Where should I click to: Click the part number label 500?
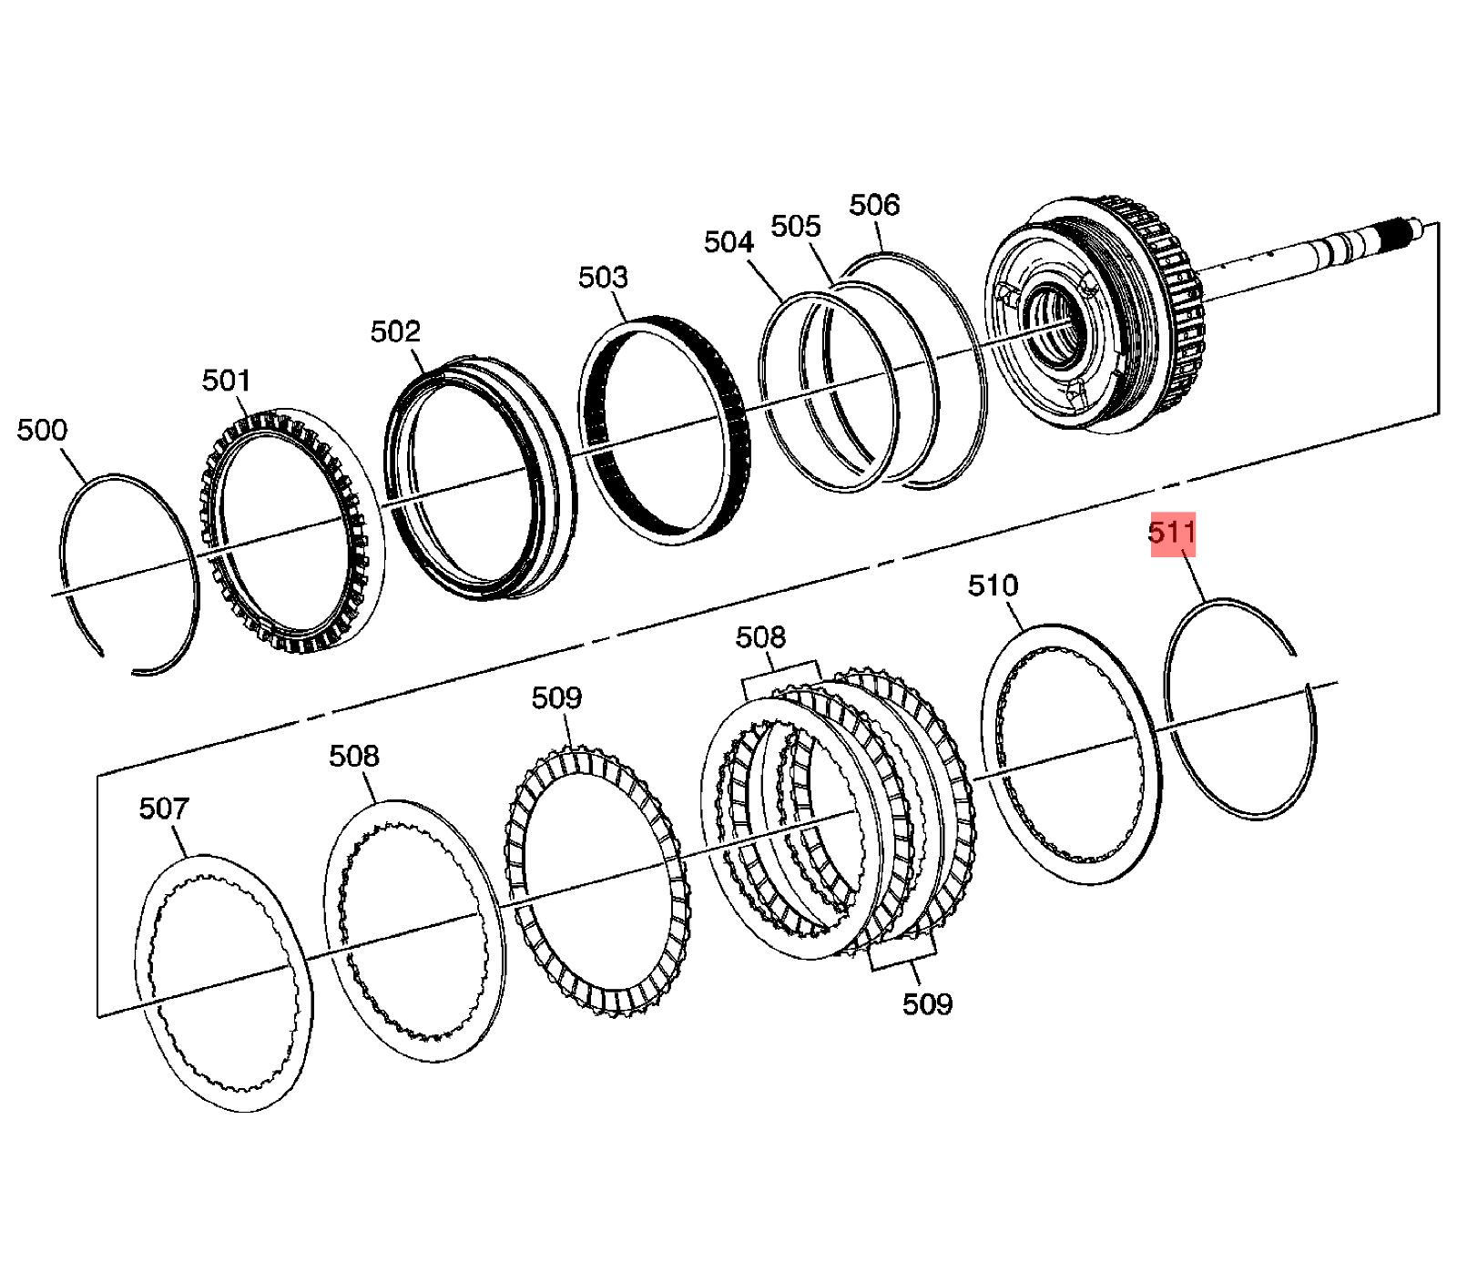pyautogui.click(x=42, y=430)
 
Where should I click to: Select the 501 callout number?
pyautogui.click(x=226, y=381)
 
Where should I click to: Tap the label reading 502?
pyautogui.click(x=395, y=331)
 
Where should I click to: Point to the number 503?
pyautogui.click(x=603, y=277)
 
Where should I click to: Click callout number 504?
pyautogui.click(x=728, y=242)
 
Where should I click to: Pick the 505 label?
pyautogui.click(x=796, y=226)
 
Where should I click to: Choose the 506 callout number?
pyautogui.click(x=874, y=205)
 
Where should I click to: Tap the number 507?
pyautogui.click(x=164, y=809)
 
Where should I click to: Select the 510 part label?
pyautogui.click(x=993, y=585)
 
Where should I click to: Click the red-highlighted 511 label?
pyautogui.click(x=1172, y=533)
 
